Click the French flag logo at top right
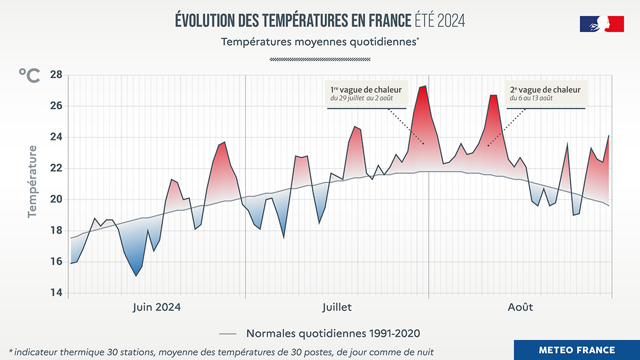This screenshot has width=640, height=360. [602, 24]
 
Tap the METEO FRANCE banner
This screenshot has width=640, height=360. [577, 350]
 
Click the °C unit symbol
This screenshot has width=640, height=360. [29, 75]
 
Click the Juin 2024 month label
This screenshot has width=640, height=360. [156, 307]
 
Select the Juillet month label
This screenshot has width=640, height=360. [337, 307]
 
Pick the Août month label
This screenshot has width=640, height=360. [520, 307]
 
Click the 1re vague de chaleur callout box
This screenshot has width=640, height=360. [366, 93]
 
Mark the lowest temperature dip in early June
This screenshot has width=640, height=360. [136, 276]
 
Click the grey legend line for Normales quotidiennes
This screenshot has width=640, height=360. [228, 334]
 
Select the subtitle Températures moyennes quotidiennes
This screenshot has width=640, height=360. [319, 42]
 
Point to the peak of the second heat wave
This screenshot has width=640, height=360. [493, 95]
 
